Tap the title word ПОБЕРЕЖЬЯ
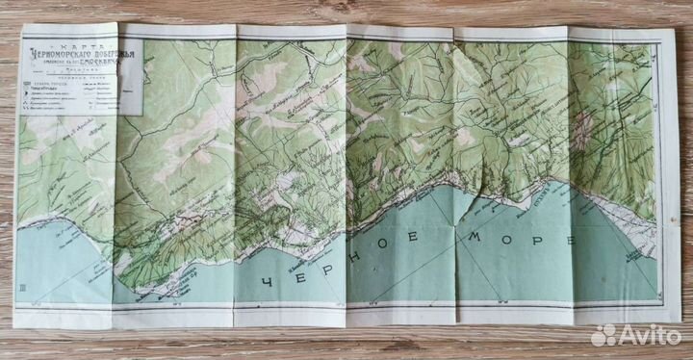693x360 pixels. click(113, 53)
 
